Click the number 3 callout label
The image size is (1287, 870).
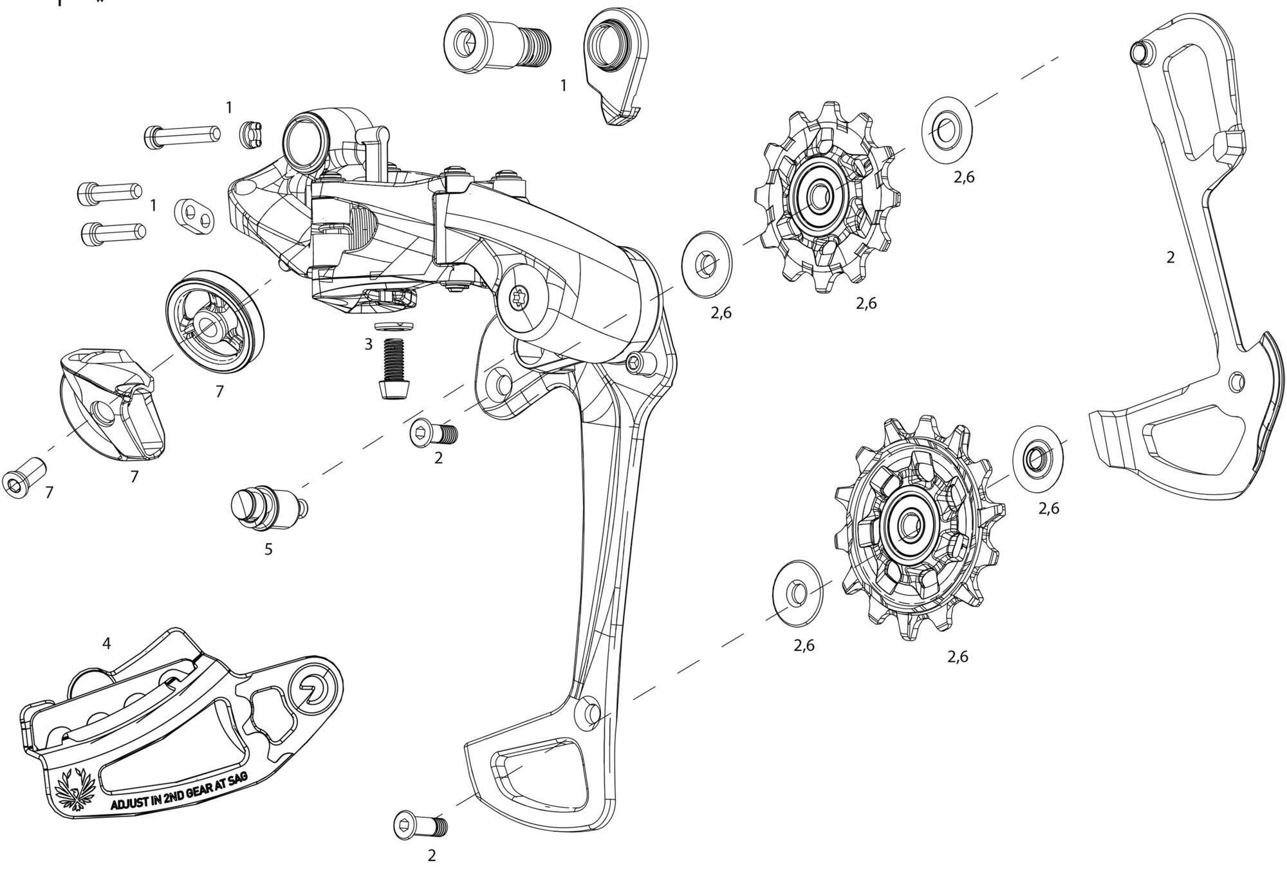368,344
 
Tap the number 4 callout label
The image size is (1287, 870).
107,643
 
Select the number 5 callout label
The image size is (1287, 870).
268,549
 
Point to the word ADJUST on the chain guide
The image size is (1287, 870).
131,804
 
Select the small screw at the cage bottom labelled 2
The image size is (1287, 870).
420,825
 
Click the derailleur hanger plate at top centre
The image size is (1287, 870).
616,64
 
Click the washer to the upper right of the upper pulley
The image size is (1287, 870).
946,129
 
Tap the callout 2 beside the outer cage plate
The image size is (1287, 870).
1170,257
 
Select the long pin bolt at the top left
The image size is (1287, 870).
182,136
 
